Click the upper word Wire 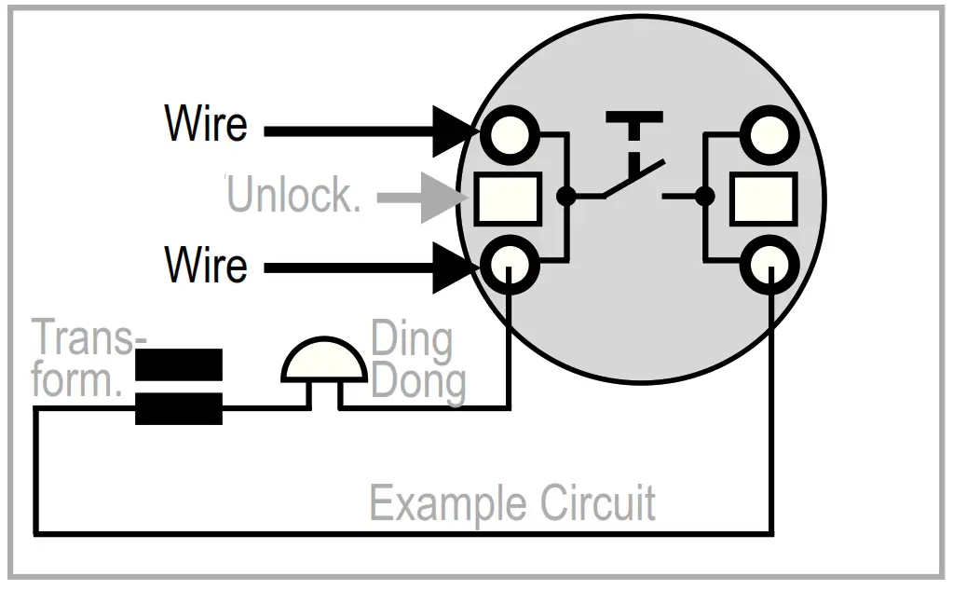206,123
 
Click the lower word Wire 206,265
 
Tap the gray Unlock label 294,195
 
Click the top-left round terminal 510,134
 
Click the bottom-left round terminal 510,266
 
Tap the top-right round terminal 769,134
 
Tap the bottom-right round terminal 769,266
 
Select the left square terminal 508,199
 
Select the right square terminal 763,199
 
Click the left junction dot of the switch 565,196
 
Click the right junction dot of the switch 704,196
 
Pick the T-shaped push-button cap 633,127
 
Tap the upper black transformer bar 179,364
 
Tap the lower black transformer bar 179,409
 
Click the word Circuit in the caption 598,502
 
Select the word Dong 418,382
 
